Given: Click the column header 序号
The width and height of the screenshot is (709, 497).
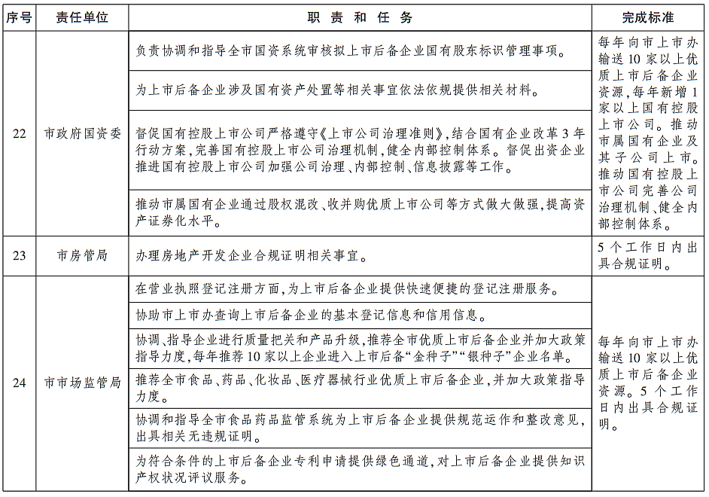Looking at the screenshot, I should coord(19,17).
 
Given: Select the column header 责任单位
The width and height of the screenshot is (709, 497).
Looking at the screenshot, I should coord(82,17).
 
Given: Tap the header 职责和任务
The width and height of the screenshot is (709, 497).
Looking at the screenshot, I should coord(360,17).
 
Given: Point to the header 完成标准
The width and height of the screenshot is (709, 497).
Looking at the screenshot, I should coord(648,17).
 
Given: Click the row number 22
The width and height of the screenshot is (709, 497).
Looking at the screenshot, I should coord(19,133).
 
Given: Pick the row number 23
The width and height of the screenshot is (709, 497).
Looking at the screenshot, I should coord(19,255).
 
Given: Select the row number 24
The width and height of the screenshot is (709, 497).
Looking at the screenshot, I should coord(19,383).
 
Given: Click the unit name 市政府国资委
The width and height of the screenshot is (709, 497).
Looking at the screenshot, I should coord(82,133).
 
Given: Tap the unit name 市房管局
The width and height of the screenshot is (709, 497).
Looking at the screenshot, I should coord(82,255).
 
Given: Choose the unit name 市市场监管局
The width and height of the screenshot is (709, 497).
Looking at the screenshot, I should coord(82,383).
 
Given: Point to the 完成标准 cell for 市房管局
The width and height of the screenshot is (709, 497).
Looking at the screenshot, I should coord(648,255).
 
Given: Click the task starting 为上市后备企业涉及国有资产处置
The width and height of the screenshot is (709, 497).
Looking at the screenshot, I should coord(336,90).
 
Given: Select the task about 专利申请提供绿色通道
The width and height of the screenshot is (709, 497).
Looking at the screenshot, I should coord(360,468).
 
